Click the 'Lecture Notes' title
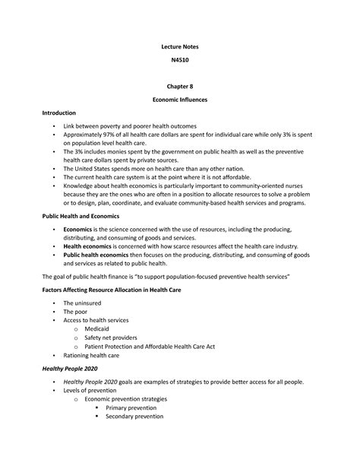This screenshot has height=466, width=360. [181, 46]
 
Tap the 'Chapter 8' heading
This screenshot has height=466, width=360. [181, 87]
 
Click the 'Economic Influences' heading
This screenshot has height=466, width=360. [181, 100]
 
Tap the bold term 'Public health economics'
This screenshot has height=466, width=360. [99, 255]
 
